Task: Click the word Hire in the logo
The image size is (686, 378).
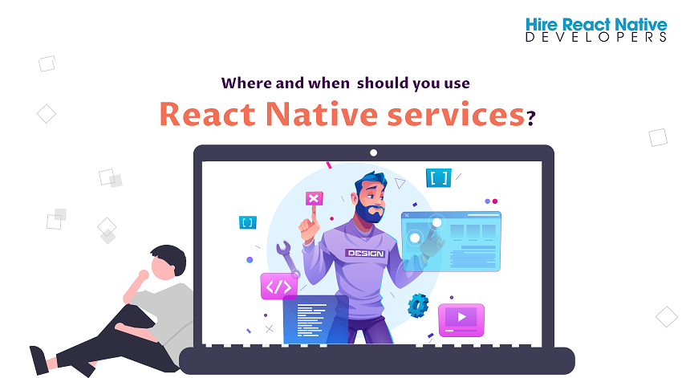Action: click(x=542, y=25)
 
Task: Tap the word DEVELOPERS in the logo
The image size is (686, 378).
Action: click(x=596, y=37)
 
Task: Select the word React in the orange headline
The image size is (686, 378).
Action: click(x=207, y=115)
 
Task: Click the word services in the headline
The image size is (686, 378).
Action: click(x=456, y=115)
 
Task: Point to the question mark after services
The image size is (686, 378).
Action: click(x=530, y=118)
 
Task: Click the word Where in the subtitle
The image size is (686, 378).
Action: click(x=246, y=83)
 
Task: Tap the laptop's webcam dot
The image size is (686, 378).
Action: click(x=373, y=152)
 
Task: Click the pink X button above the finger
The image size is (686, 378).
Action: click(x=314, y=198)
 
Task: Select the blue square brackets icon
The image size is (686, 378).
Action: click(x=438, y=177)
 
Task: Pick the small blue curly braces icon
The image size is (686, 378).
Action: click(x=248, y=222)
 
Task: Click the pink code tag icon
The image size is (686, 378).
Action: click(x=278, y=287)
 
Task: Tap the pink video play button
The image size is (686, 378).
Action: click(x=461, y=319)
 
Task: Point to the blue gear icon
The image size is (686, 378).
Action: click(x=418, y=306)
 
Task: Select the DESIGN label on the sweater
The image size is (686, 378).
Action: click(x=365, y=254)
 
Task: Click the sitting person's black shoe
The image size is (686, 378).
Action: click(x=40, y=360)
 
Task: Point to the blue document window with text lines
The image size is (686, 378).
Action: click(x=315, y=319)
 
